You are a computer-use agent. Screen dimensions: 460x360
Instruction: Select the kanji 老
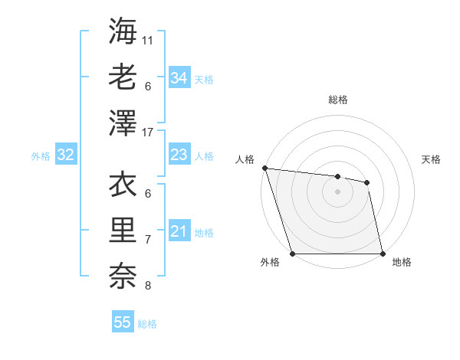pos(123,77)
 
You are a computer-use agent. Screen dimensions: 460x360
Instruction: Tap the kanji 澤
pos(123,122)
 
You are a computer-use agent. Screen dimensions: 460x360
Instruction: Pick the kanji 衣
pos(123,185)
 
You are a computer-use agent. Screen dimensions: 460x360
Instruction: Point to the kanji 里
pos(123,230)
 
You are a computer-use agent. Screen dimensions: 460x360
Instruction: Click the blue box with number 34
pos(179,78)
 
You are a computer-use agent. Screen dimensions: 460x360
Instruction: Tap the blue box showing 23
pos(179,155)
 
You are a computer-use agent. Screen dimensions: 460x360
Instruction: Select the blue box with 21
pos(179,232)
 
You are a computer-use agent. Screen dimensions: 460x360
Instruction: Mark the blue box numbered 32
pos(66,155)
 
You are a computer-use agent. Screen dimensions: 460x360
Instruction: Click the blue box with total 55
pos(123,322)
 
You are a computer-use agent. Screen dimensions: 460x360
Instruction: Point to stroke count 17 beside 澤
pos(148,133)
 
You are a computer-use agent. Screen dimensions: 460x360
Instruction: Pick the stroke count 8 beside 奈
pos(148,286)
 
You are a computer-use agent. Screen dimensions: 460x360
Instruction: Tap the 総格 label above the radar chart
pos(338,100)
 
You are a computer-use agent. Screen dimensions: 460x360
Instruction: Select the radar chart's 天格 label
pos(431,159)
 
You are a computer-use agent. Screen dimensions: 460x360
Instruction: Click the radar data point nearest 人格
pos(264,168)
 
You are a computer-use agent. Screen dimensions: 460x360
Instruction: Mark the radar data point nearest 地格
pos(383,254)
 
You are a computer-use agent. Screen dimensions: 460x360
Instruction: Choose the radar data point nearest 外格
pos(293,254)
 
